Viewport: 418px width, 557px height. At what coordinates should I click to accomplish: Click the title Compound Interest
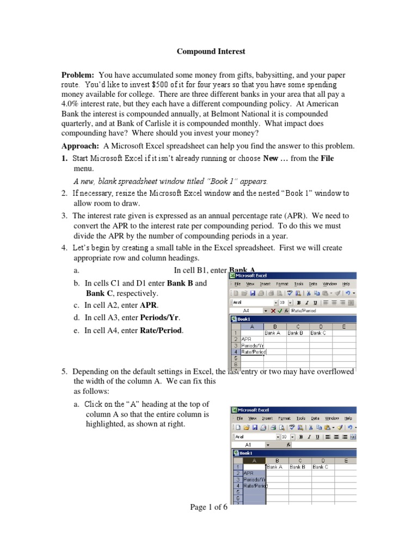(211, 52)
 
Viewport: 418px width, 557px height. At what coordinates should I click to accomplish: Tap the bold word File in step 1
(327, 158)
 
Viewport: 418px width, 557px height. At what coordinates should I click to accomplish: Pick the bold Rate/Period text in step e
(161, 330)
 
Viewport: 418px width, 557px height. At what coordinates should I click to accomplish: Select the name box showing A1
(248, 444)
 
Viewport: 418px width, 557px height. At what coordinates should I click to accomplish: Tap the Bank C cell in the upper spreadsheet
(318, 332)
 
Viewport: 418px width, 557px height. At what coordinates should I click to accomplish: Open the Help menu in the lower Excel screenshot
(348, 418)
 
